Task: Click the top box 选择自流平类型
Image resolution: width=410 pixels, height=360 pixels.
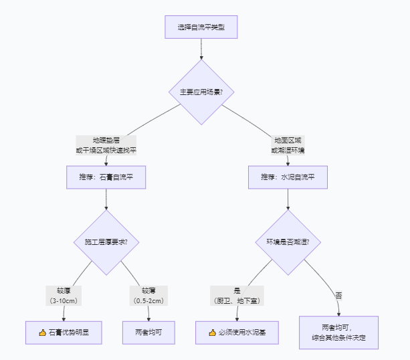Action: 201,27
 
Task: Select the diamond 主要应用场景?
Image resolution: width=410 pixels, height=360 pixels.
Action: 201,92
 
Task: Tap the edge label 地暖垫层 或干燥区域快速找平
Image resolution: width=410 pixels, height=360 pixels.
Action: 106,145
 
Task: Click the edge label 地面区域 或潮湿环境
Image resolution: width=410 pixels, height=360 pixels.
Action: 288,145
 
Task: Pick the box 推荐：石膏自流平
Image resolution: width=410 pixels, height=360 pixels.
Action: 106,177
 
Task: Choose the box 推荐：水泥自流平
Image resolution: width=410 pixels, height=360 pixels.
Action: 288,177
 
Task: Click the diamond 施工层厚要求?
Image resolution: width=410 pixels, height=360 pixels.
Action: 106,242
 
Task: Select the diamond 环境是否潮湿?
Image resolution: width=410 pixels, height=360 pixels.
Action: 288,242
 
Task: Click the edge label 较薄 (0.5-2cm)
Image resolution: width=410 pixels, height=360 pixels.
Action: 148,296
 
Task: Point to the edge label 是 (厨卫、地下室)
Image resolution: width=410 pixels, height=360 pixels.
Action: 237,296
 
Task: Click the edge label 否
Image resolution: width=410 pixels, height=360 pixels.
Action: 338,295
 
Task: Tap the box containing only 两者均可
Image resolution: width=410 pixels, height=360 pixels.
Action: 148,332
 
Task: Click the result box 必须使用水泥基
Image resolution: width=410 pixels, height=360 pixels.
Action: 237,332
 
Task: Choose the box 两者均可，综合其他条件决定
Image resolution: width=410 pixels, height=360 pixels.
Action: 338,333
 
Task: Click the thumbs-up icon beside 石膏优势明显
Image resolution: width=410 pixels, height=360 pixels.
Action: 42,332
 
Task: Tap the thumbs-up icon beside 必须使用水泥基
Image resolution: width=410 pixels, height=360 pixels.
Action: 212,332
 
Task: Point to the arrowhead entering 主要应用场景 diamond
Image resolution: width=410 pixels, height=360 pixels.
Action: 201,57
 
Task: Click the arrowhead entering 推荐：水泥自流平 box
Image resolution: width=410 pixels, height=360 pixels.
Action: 288,164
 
